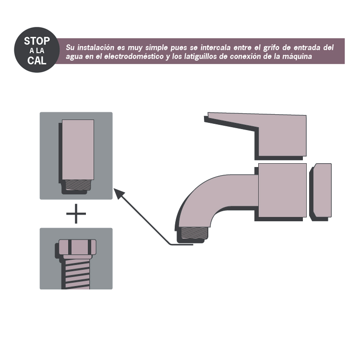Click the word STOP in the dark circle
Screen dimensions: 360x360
(37, 41)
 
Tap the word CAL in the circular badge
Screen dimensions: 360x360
(37, 60)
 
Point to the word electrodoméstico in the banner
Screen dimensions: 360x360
(134, 57)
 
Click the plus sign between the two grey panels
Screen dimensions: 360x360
(76, 214)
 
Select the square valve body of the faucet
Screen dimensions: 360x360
(282, 190)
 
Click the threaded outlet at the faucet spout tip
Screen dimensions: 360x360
(194, 233)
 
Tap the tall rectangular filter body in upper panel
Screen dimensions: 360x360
(78, 149)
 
